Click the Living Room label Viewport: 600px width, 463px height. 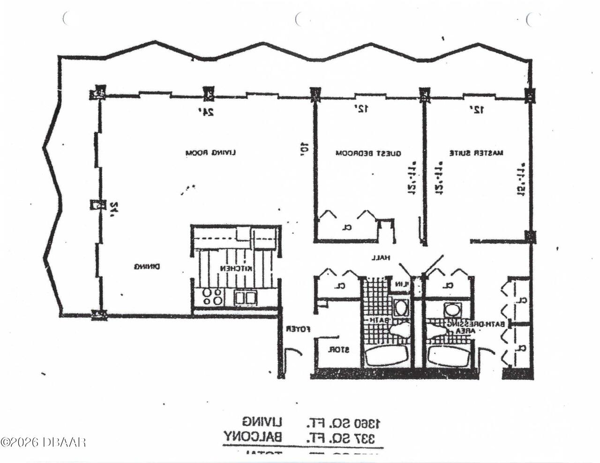tap(210, 153)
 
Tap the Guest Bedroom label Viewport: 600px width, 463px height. tap(368, 153)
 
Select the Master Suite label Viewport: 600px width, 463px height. tap(476, 153)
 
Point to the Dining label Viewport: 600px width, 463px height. tap(147, 267)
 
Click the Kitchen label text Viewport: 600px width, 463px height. tap(237, 269)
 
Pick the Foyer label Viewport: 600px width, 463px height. tap(299, 329)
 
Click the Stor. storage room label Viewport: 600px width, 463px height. tap(337, 349)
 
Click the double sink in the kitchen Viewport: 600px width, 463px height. tap(245, 297)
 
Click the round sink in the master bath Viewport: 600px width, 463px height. tap(452, 309)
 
